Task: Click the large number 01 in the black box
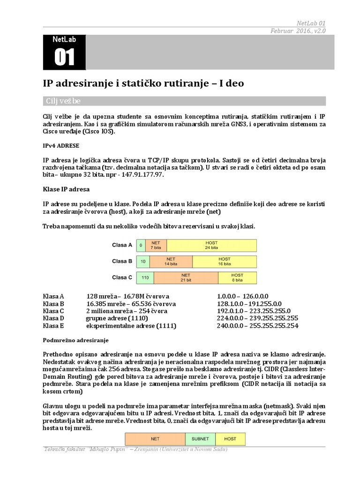click(x=64, y=57)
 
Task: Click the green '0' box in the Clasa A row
click(x=141, y=245)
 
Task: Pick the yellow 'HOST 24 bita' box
click(x=211, y=245)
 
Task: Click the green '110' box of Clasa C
click(x=145, y=277)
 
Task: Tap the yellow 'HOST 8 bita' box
click(x=237, y=277)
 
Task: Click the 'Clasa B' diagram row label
click(x=122, y=261)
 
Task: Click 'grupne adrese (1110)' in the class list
click(x=119, y=318)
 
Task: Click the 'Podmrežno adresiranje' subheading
click(x=75, y=340)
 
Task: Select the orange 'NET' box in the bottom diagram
click(x=155, y=439)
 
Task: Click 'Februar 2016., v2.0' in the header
click(x=298, y=30)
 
